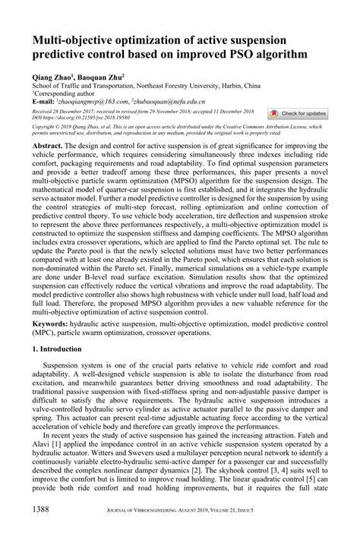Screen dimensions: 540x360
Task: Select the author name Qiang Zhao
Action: (x=51, y=77)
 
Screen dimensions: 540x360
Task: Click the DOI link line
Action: (x=73, y=118)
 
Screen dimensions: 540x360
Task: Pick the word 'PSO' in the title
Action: (x=247, y=55)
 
